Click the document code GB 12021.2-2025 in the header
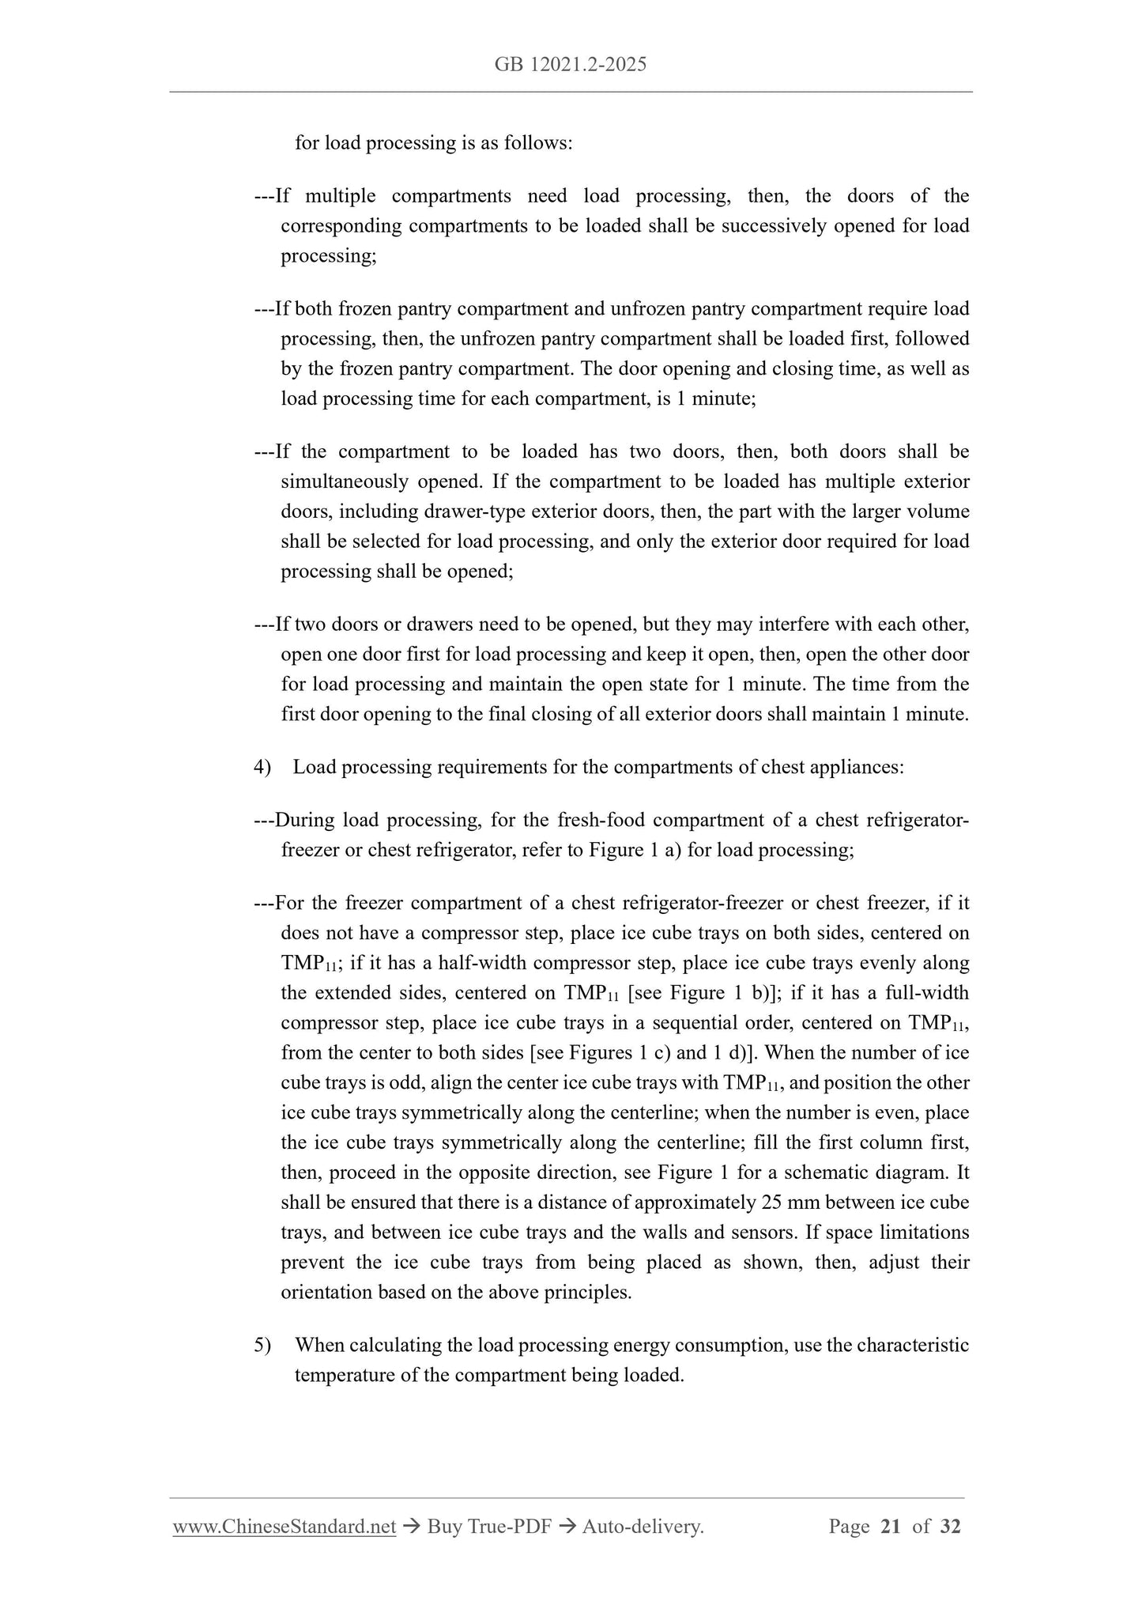pyautogui.click(x=571, y=65)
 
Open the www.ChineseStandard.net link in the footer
pyautogui.click(x=284, y=1527)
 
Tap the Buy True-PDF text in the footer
pyautogui.click(x=489, y=1527)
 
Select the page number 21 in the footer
pyautogui.click(x=890, y=1527)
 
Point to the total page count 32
pyautogui.click(x=950, y=1527)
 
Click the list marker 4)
pyautogui.click(x=262, y=767)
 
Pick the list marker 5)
pyautogui.click(x=262, y=1345)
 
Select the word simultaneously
pyautogui.click(x=344, y=481)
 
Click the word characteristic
pyautogui.click(x=912, y=1345)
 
